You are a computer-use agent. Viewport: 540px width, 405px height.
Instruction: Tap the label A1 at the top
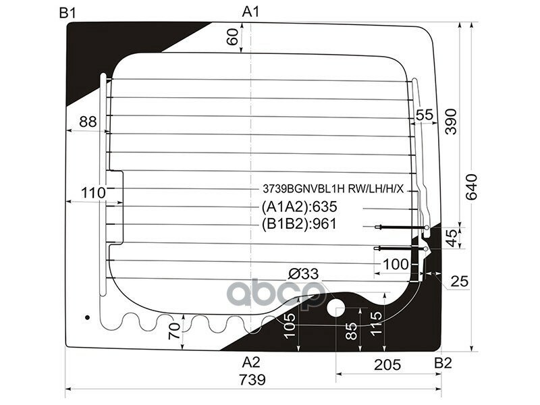(251, 11)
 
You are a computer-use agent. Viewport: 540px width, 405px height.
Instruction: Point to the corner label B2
(442, 363)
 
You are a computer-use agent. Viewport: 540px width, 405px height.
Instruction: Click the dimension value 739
(251, 379)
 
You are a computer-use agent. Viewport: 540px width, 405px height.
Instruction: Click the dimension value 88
(88, 122)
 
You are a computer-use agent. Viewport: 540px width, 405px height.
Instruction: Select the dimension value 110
(93, 193)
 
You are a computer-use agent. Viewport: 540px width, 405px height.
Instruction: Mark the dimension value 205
(388, 364)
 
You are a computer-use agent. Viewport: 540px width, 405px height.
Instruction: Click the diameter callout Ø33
(302, 274)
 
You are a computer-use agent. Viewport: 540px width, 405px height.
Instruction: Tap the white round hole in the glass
(335, 309)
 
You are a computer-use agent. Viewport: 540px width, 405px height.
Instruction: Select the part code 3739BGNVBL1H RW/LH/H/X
(333, 188)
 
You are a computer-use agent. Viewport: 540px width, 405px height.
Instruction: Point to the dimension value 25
(460, 280)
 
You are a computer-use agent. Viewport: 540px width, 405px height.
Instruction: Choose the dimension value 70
(174, 331)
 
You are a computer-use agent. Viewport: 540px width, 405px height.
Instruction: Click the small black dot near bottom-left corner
(86, 317)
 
